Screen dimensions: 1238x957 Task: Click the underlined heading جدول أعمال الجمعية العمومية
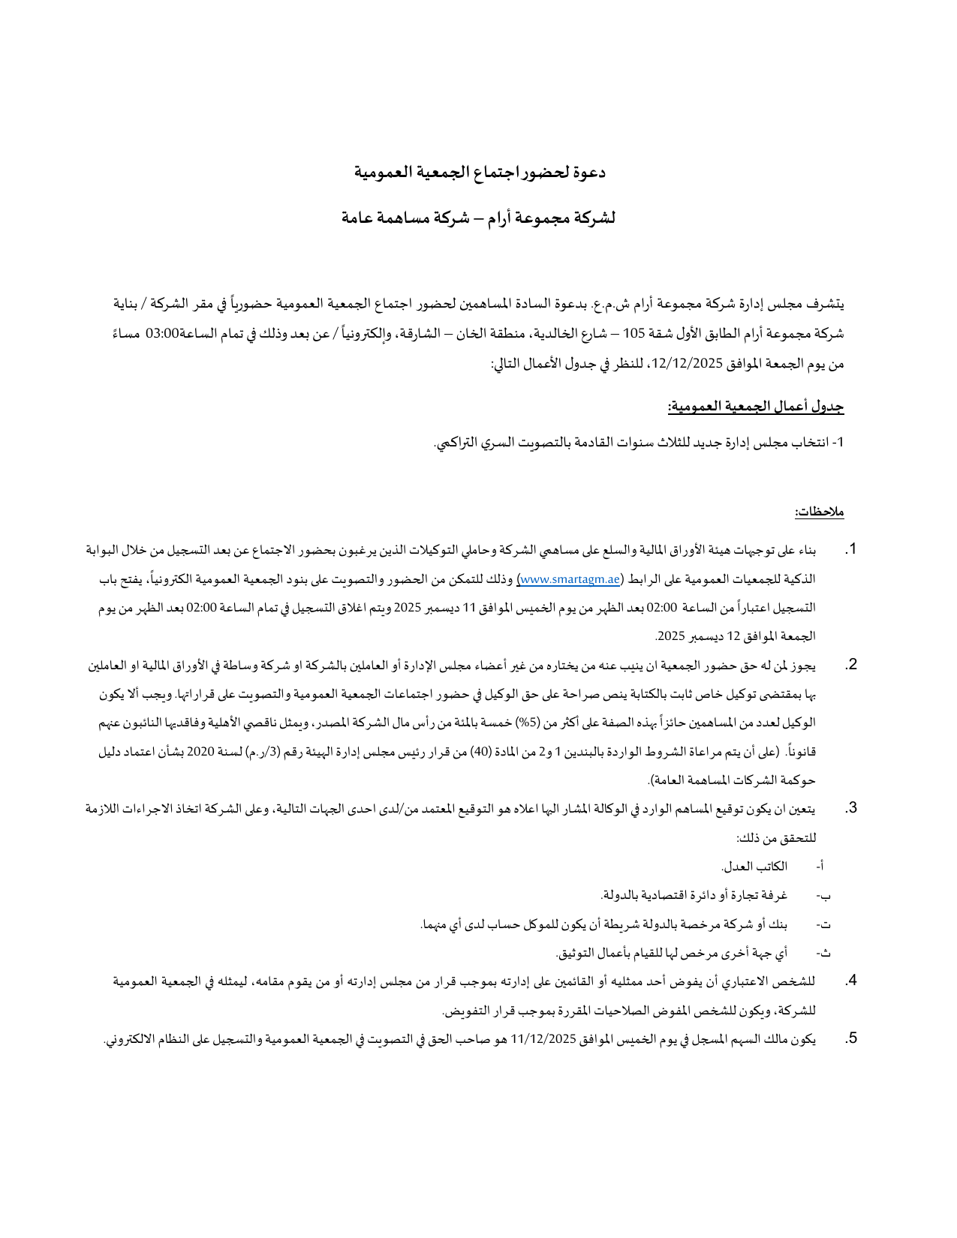(756, 407)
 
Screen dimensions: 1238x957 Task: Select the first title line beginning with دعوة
(480, 173)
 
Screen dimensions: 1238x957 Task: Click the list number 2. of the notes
(850, 665)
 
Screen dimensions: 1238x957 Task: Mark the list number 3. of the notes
(850, 808)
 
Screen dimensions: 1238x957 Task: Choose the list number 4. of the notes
(850, 981)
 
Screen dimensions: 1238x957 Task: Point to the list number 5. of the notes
(850, 1038)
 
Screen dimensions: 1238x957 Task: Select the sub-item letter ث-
(823, 953)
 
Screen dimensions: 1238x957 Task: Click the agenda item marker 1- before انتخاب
(839, 443)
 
